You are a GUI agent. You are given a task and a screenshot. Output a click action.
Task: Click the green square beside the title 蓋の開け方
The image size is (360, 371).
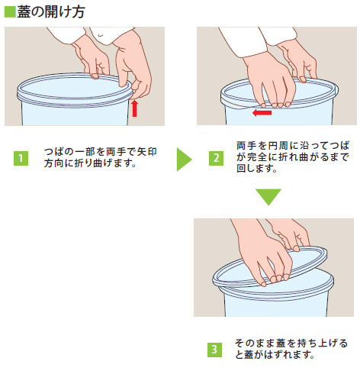point(10,11)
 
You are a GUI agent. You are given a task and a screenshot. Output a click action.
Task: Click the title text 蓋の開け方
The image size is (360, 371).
point(51,12)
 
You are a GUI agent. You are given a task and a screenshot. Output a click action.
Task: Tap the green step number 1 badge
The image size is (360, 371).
point(21,159)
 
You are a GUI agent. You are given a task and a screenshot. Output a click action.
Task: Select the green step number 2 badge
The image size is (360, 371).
point(216,158)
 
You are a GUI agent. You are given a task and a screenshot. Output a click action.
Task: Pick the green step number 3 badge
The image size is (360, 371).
point(214,350)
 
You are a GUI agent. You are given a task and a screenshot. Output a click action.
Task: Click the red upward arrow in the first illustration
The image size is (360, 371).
point(135,108)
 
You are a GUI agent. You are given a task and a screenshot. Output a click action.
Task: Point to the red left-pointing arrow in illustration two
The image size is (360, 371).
point(262,113)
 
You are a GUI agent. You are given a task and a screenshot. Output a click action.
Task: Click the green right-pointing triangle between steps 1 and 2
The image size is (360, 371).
point(184,160)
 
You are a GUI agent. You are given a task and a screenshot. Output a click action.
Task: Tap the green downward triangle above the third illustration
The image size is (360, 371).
point(268,197)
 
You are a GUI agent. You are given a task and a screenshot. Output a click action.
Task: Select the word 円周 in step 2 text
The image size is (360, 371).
point(277,146)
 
